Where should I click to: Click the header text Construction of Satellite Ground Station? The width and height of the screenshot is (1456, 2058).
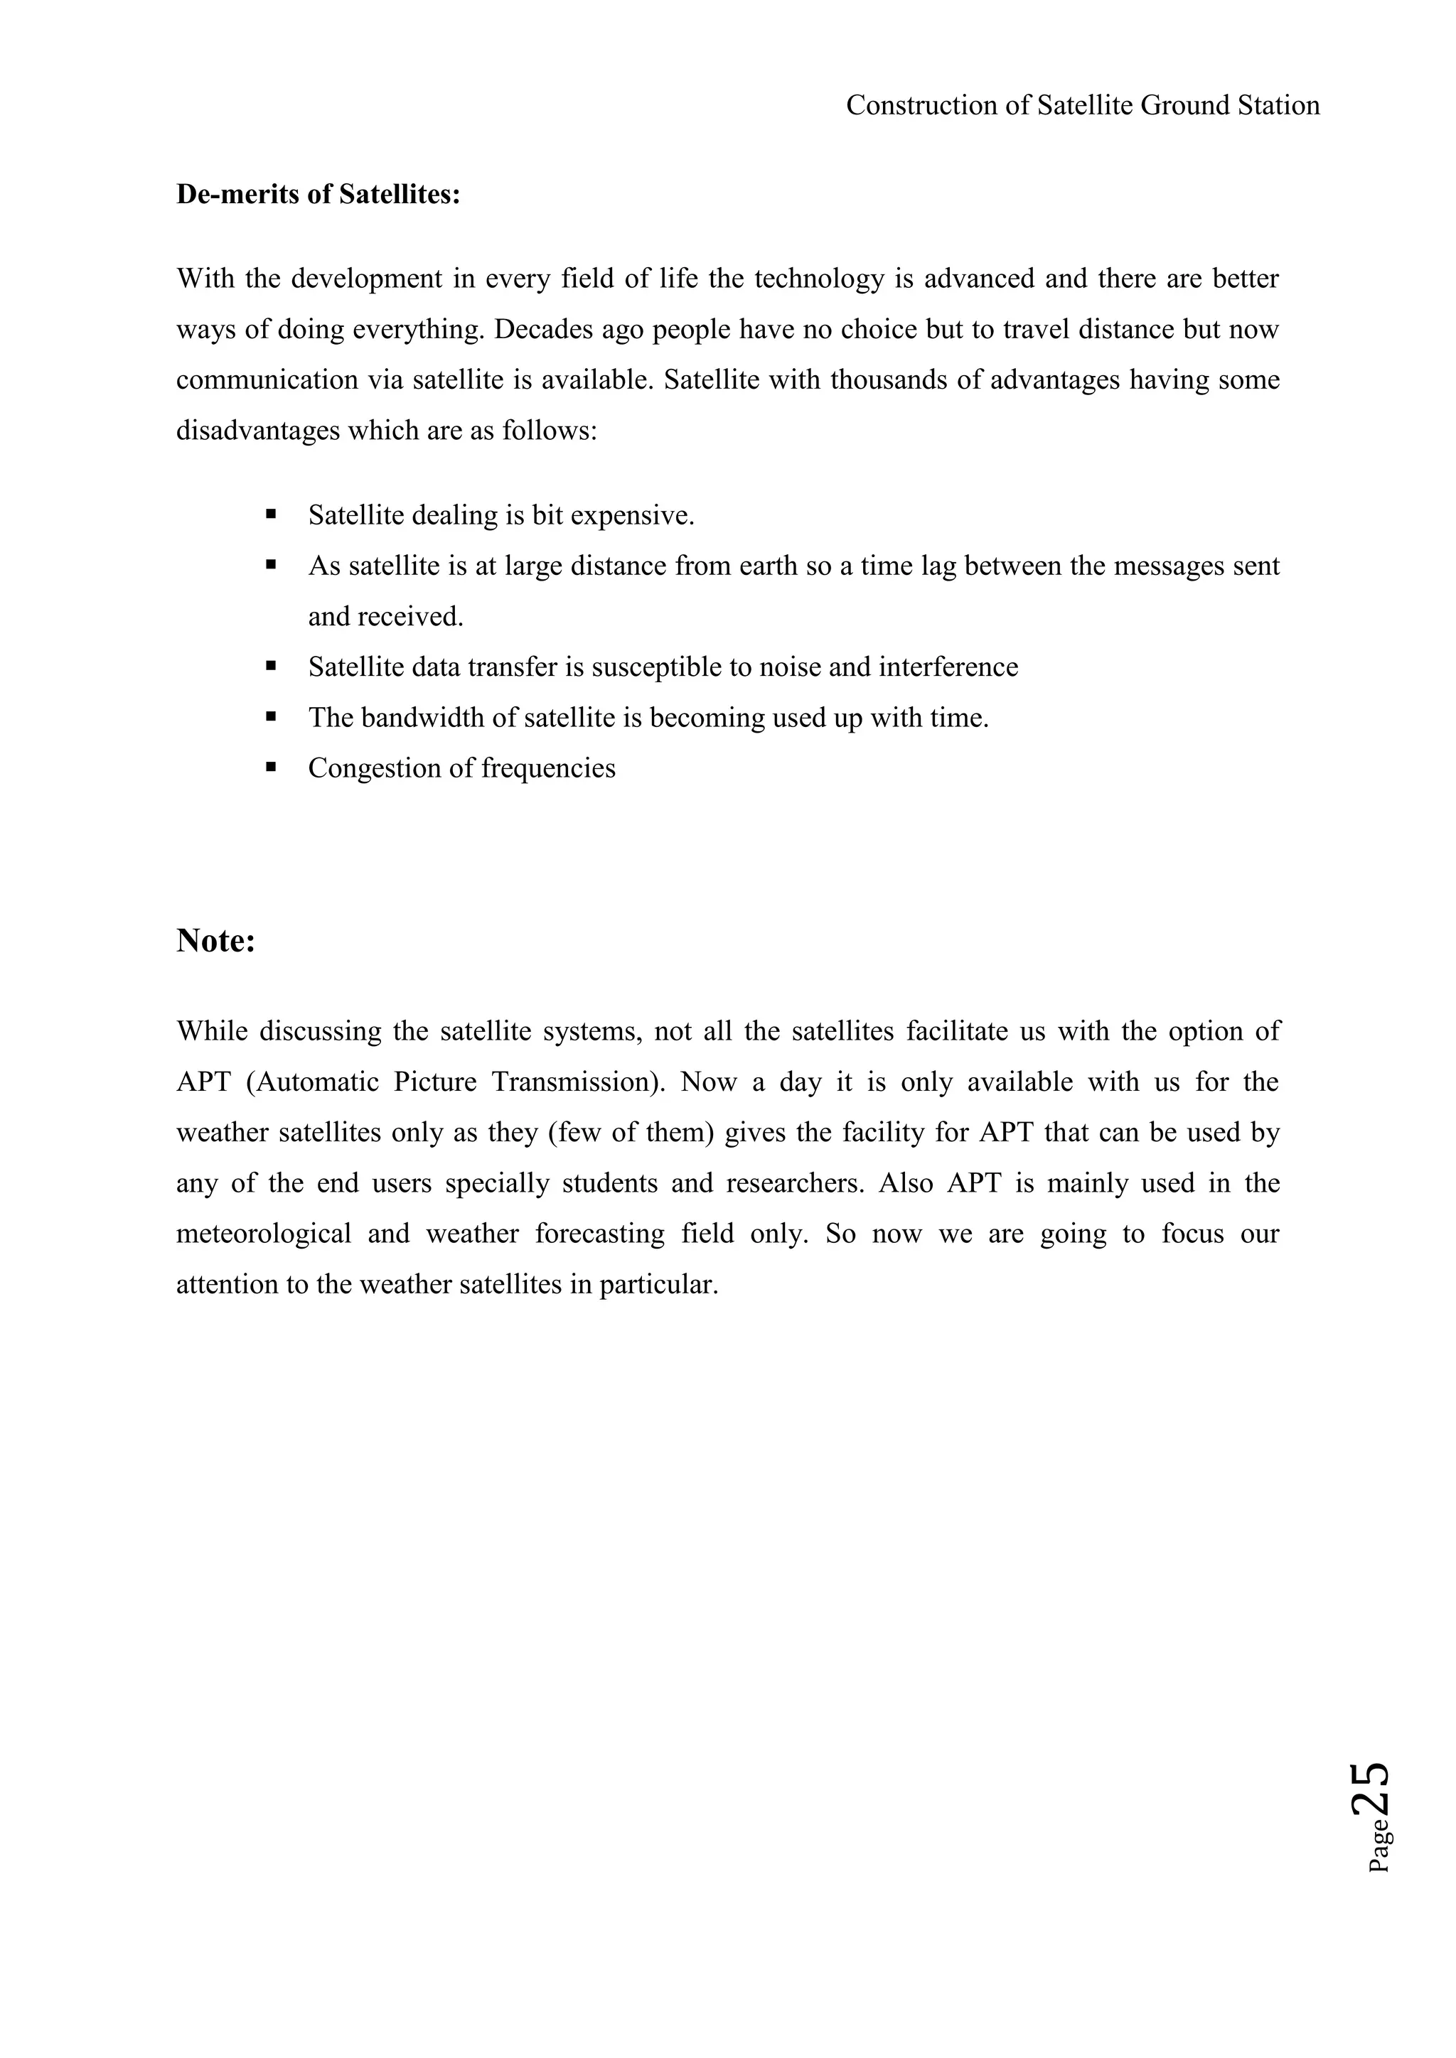coord(1082,106)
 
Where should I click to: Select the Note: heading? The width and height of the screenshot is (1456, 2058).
coord(216,940)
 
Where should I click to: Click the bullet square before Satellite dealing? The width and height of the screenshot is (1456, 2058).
coord(270,514)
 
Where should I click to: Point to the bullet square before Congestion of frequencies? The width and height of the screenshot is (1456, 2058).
coord(270,767)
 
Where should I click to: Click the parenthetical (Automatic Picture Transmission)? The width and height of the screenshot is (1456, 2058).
coord(454,1082)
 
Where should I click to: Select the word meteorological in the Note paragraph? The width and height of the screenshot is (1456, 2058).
coord(264,1234)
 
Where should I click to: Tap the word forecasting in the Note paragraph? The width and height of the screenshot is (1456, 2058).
coord(600,1234)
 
